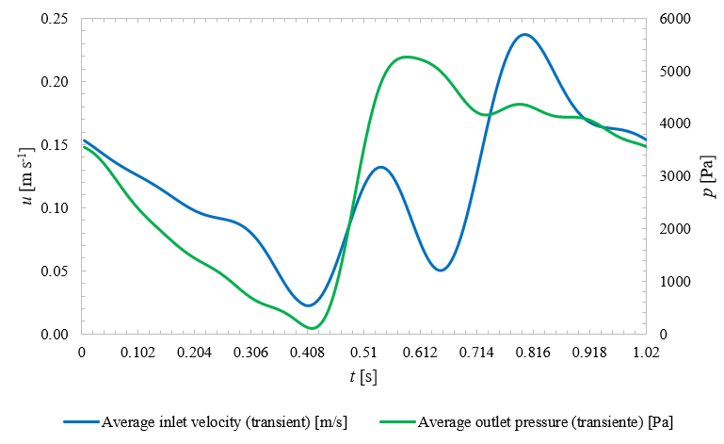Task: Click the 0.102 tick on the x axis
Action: pyautogui.click(x=138, y=353)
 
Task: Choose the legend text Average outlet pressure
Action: pyautogui.click(x=545, y=420)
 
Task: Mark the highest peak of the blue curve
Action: pyautogui.click(x=524, y=35)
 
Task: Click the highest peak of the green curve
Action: pyautogui.click(x=405, y=57)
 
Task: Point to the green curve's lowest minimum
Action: pyautogui.click(x=311, y=328)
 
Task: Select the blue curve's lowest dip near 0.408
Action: pyautogui.click(x=308, y=305)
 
